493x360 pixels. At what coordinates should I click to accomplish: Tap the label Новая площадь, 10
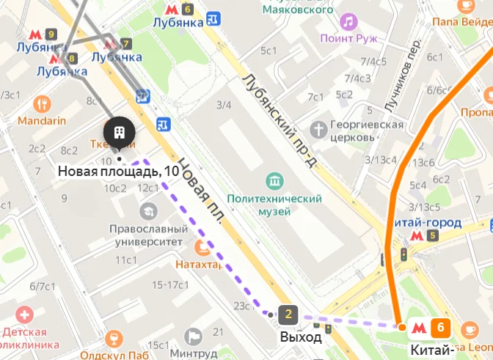[x=118, y=172]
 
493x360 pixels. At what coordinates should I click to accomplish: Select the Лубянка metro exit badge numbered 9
[x=51, y=34]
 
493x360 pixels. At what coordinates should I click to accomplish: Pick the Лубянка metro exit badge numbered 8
[x=71, y=57]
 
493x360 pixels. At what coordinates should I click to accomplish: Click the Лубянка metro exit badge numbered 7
[x=127, y=43]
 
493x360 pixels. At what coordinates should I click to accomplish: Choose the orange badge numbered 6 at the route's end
[x=440, y=328]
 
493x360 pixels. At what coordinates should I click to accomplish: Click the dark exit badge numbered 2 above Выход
[x=288, y=315]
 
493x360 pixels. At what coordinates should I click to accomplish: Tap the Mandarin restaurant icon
[x=43, y=103]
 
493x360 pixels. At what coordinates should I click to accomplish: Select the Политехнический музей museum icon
[x=275, y=180]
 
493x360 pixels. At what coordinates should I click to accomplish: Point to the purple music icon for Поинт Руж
[x=348, y=21]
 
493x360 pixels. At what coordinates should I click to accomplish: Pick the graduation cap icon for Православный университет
[x=149, y=211]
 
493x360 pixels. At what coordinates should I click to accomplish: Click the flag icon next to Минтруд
[x=194, y=337]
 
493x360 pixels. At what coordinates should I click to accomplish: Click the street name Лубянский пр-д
[x=280, y=117]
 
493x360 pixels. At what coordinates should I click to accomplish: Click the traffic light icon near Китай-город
[x=402, y=254]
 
